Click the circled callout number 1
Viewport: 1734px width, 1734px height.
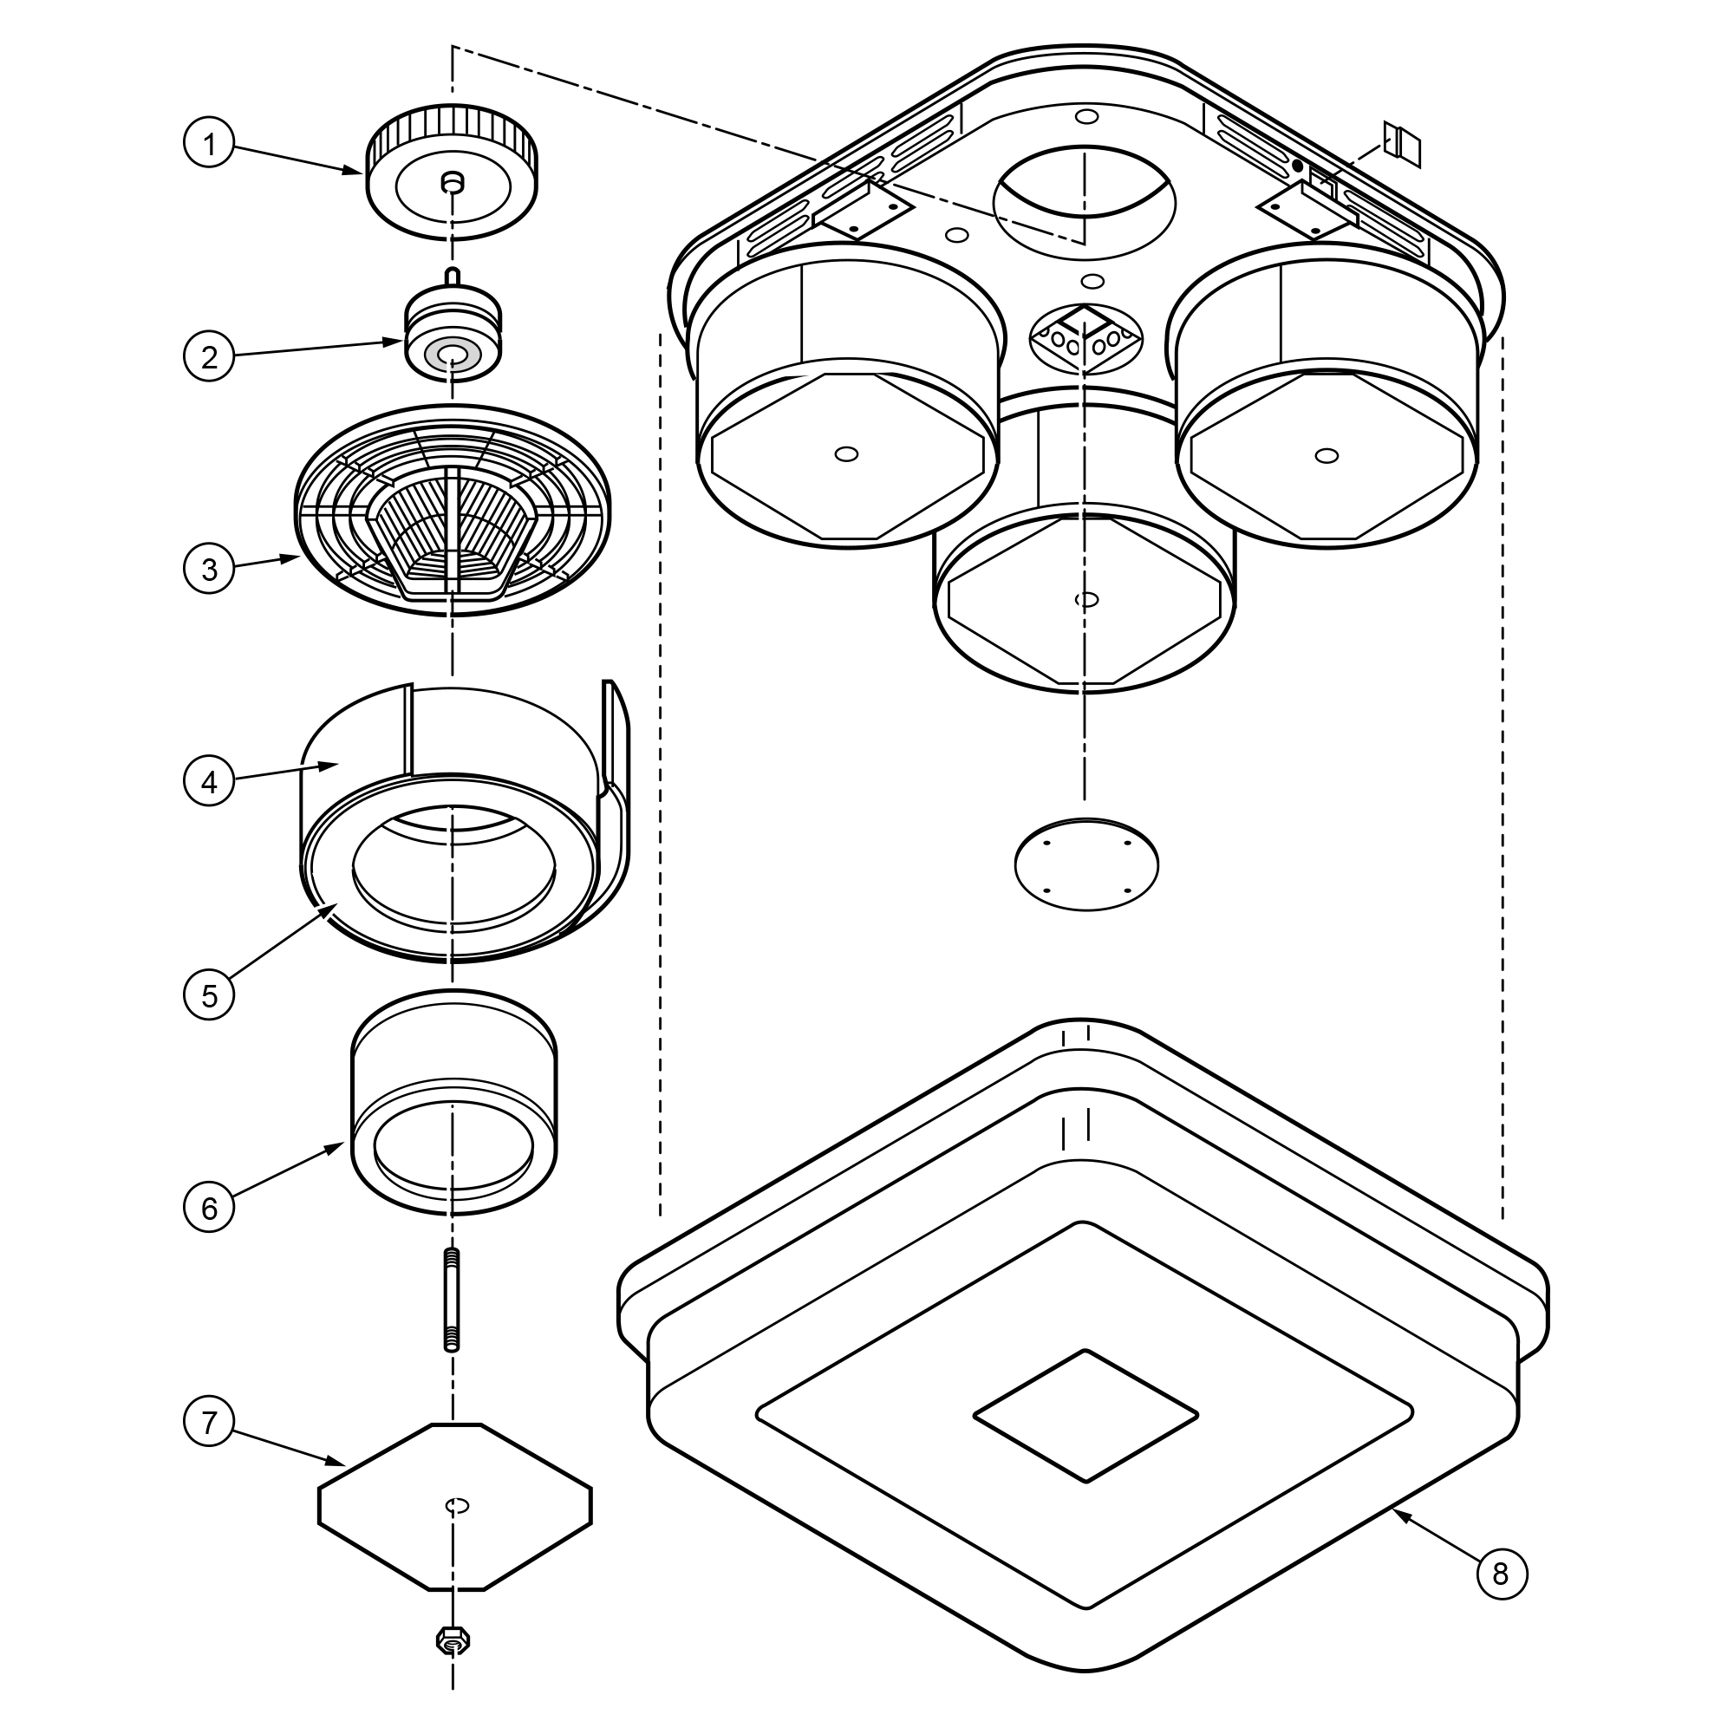click(x=209, y=144)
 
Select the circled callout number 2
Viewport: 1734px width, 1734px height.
click(x=209, y=357)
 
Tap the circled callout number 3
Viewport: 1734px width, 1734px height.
click(x=209, y=569)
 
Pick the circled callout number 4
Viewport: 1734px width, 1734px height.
click(x=209, y=782)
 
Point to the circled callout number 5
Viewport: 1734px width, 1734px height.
click(x=209, y=994)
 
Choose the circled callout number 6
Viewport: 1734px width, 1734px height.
click(x=209, y=1207)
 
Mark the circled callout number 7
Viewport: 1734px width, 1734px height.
click(x=209, y=1422)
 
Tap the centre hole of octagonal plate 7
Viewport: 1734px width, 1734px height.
click(x=458, y=1505)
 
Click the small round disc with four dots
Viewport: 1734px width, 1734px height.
click(x=1086, y=864)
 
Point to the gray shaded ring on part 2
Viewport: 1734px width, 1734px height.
click(x=453, y=355)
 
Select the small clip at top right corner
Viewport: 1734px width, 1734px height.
click(x=1403, y=144)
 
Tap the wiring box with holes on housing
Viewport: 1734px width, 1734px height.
click(x=1086, y=336)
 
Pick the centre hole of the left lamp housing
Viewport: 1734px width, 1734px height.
click(x=845, y=454)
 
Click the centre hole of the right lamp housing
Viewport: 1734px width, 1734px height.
click(x=1326, y=456)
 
